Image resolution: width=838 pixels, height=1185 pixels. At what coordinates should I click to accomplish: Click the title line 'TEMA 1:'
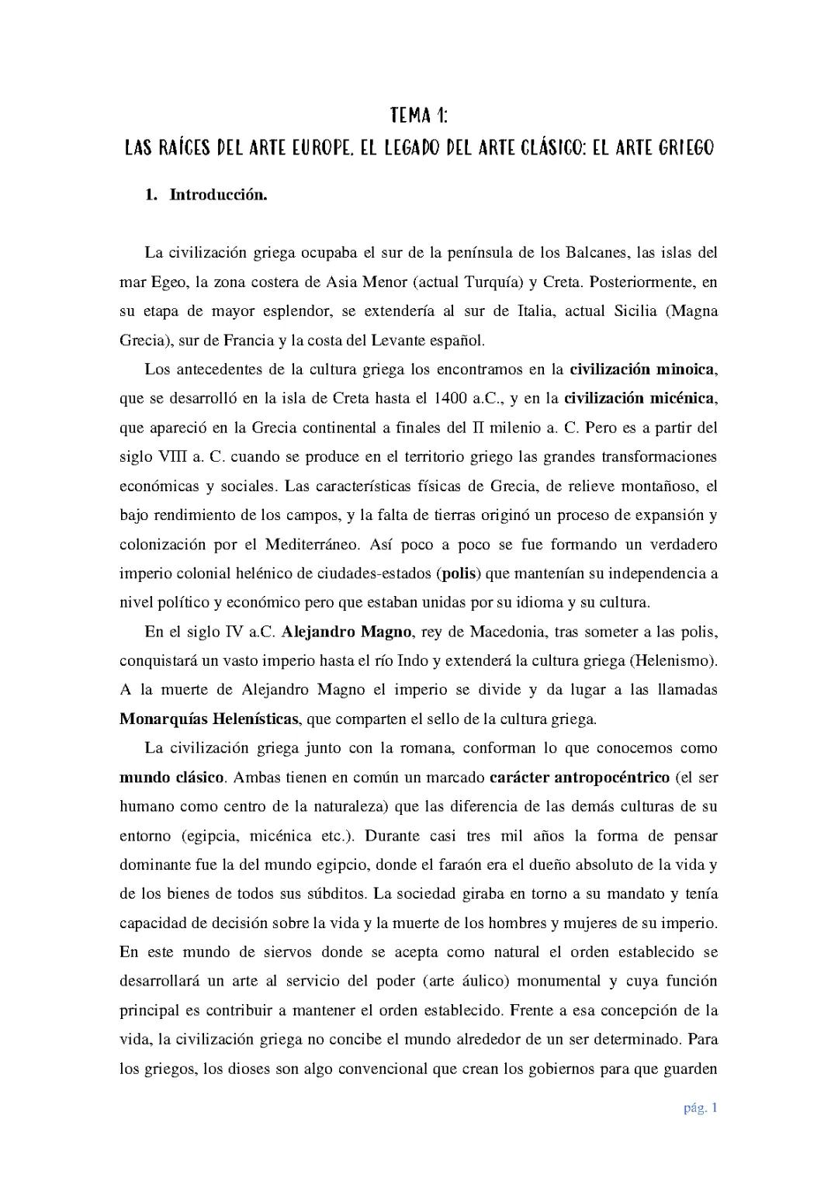point(419,116)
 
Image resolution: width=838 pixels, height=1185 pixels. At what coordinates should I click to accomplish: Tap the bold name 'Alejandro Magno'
point(346,632)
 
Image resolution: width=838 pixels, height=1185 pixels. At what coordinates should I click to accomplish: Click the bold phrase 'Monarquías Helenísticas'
point(209,719)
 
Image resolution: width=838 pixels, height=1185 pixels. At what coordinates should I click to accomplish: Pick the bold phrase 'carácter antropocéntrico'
point(580,777)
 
